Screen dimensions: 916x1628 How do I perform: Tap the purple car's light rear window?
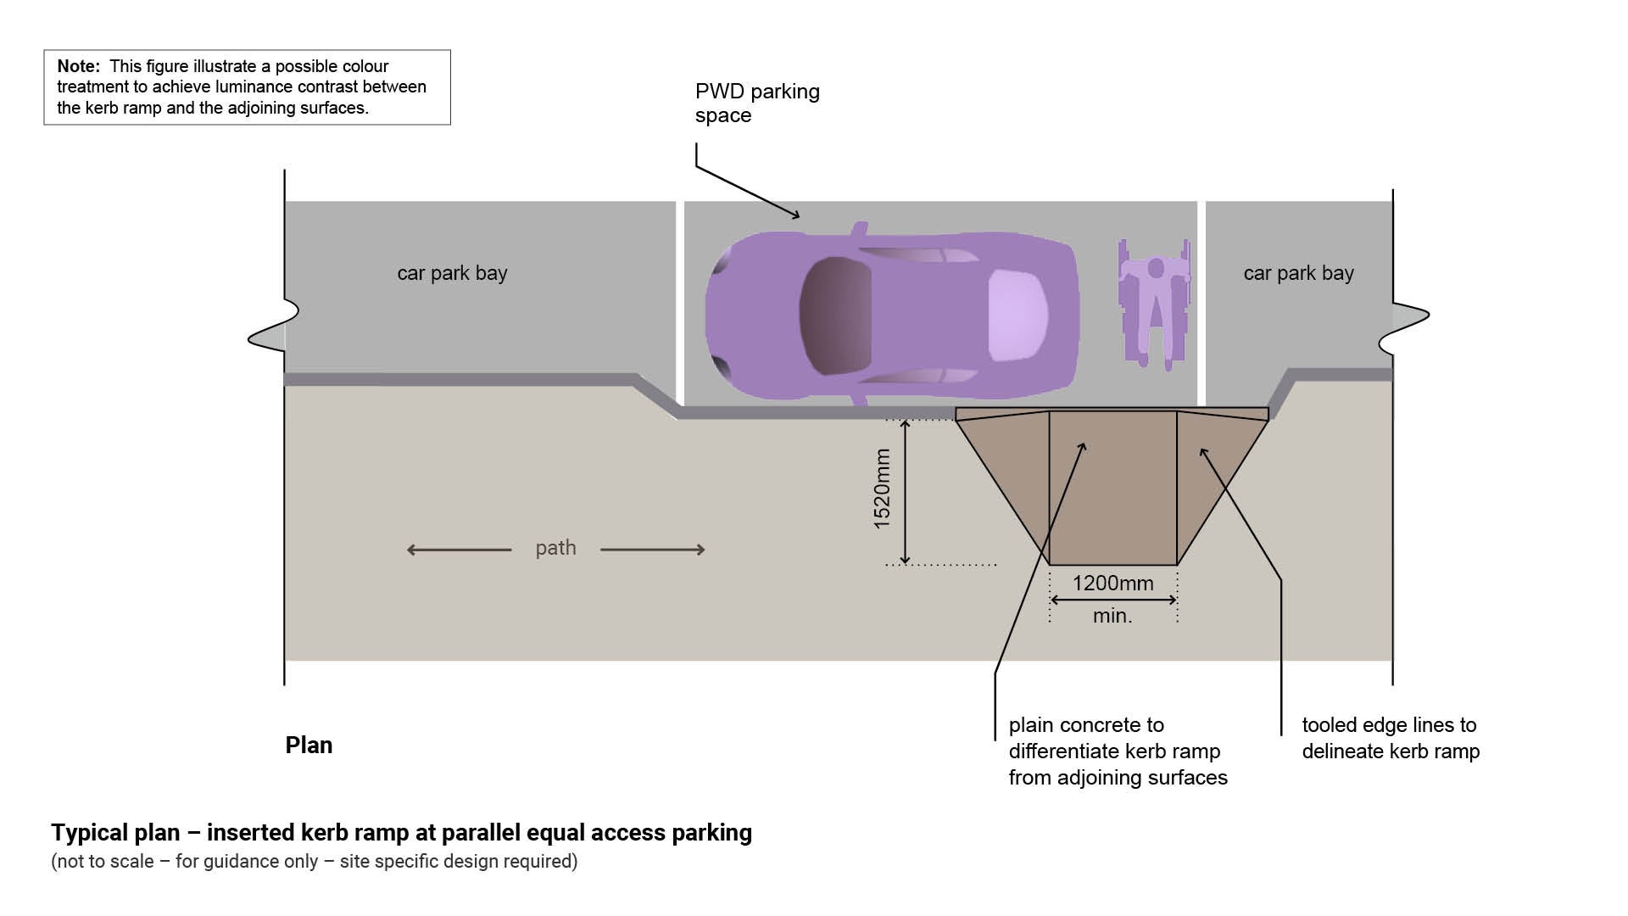click(1017, 314)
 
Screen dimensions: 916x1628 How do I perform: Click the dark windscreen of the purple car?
click(835, 316)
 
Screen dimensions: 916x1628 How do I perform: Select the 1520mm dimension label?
click(883, 489)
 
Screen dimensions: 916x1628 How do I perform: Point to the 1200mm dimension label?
click(1112, 584)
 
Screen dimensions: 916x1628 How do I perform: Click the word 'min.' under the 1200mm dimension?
click(1112, 616)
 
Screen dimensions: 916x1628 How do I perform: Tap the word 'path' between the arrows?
click(555, 548)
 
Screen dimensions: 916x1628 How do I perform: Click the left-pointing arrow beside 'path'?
click(459, 550)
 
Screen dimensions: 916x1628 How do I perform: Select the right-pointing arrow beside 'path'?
click(652, 550)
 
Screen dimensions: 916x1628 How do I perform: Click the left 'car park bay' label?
click(452, 273)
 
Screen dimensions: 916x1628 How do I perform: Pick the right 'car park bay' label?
click(1298, 273)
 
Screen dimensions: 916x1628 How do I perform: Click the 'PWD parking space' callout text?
click(756, 103)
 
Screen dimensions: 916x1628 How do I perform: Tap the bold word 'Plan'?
click(309, 745)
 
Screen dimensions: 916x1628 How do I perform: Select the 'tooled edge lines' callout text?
click(1390, 738)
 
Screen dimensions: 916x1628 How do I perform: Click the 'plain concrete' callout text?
click(1117, 751)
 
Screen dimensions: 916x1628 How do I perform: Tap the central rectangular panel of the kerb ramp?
click(1112, 500)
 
